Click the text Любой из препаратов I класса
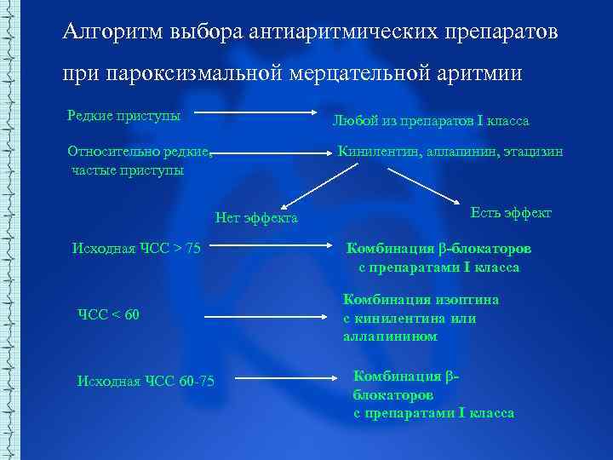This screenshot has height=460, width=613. (430, 121)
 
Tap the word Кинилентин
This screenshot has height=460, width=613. (374, 152)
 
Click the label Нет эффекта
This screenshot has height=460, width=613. (256, 218)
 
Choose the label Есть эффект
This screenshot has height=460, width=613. (511, 212)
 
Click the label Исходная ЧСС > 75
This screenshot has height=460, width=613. (136, 249)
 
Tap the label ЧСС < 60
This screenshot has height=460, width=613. (108, 316)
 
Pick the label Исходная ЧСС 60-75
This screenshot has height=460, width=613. (146, 380)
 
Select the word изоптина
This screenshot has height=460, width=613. (467, 300)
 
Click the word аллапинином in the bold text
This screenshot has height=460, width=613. (390, 336)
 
